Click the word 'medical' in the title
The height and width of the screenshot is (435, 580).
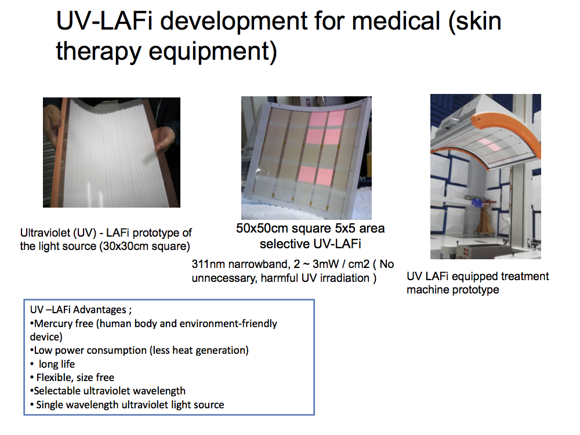pos(396,21)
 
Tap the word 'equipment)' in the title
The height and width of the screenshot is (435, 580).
pos(213,52)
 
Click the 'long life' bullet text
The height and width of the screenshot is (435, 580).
pos(57,364)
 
